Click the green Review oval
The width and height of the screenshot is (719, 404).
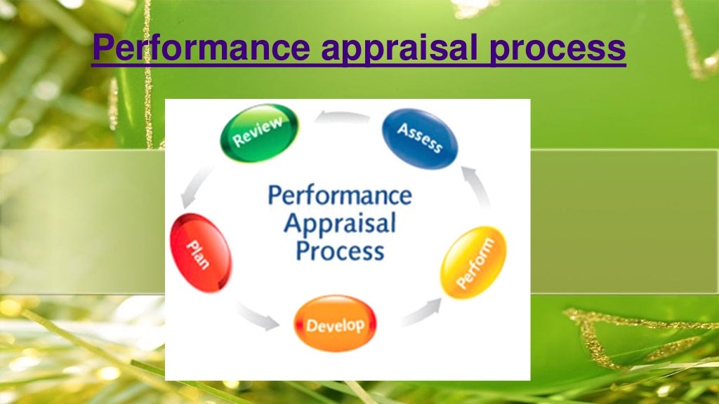pos(259,133)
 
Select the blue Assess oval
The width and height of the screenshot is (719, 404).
pos(420,137)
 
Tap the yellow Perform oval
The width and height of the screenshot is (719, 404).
pos(473,262)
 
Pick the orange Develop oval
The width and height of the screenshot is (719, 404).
pos(335,324)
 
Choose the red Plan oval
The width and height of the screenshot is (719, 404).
pos(201,252)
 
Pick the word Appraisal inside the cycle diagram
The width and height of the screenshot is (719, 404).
pos(339,224)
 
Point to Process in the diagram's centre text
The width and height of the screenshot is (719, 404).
pos(339,250)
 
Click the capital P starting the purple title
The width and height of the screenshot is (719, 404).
pos(104,48)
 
